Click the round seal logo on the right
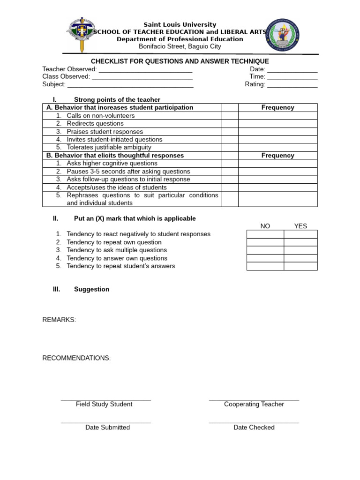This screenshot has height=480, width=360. (x=283, y=36)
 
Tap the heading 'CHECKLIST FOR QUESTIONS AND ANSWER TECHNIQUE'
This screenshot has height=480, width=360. (x=180, y=61)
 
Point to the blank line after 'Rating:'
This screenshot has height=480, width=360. (x=292, y=85)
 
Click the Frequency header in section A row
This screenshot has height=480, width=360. (x=277, y=107)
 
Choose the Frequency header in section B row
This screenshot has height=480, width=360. (x=277, y=155)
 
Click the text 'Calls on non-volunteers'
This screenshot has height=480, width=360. (x=100, y=115)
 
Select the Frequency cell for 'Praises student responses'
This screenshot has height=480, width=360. (x=277, y=132)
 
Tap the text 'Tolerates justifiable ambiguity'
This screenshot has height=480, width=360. (x=109, y=147)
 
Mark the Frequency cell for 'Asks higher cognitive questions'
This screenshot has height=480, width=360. (x=277, y=163)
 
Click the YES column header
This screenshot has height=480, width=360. (x=300, y=226)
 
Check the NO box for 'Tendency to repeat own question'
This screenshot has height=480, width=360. (x=265, y=242)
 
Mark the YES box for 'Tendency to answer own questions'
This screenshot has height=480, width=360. (x=300, y=258)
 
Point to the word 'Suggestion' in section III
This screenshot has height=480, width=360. (x=91, y=289)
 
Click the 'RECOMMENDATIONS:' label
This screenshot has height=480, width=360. (x=76, y=358)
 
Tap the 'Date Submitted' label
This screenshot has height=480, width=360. (x=107, y=427)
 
